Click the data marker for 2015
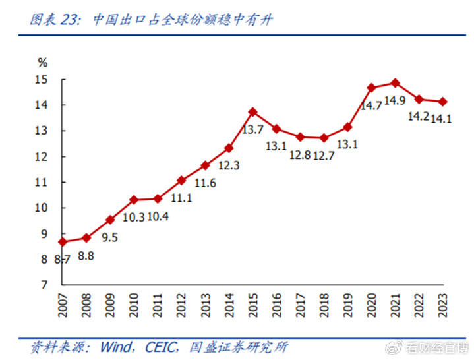(252, 112)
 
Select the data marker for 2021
(395, 83)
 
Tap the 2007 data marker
(63, 242)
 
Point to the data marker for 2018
(324, 138)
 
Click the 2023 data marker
(443, 102)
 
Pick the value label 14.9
(395, 100)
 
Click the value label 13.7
(252, 130)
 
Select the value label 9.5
(110, 237)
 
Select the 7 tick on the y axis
(44, 285)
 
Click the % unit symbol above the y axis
(43, 63)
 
